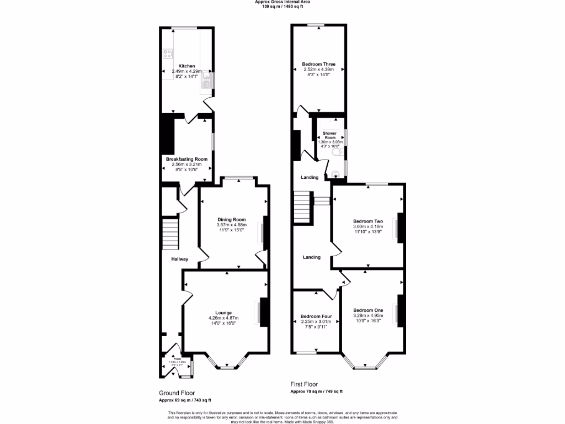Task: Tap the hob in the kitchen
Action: tap(168, 54)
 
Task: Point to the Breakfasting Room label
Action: tap(186, 159)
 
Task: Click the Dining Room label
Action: tap(231, 219)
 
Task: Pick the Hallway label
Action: tap(179, 259)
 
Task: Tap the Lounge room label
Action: tap(223, 312)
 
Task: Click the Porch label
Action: tap(177, 358)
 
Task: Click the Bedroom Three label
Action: tap(318, 64)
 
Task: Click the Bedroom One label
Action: tap(368, 310)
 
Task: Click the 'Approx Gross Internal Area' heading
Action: tap(282, 2)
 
